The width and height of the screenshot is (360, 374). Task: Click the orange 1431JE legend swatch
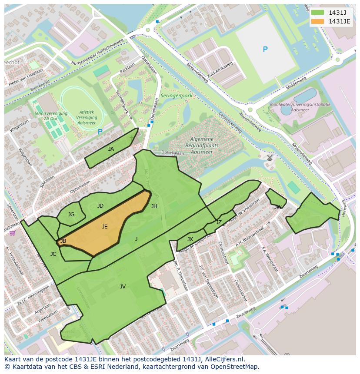pyautogui.click(x=318, y=21)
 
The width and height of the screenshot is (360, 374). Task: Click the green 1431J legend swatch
pyautogui.click(x=318, y=13)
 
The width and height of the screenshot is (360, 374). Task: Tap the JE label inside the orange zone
pyautogui.click(x=105, y=227)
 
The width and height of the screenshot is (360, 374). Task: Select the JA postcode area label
pyautogui.click(x=111, y=149)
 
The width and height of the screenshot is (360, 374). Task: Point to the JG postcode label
pyautogui.click(x=71, y=215)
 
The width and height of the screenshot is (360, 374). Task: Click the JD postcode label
pyautogui.click(x=100, y=206)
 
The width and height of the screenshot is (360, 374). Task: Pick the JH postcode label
pyautogui.click(x=154, y=206)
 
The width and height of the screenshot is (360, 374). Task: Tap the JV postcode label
pyautogui.click(x=123, y=287)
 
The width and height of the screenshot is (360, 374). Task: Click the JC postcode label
pyautogui.click(x=53, y=254)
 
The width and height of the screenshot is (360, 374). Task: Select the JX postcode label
pyautogui.click(x=190, y=239)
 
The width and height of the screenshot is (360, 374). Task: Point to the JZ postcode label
pyautogui.click(x=219, y=222)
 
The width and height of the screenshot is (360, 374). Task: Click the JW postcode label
pyautogui.click(x=278, y=207)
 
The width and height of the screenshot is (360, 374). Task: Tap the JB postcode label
pyautogui.click(x=63, y=241)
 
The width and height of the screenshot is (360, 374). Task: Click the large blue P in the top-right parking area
pyautogui.click(x=265, y=50)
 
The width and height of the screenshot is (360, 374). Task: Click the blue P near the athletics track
pyautogui.click(x=100, y=132)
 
